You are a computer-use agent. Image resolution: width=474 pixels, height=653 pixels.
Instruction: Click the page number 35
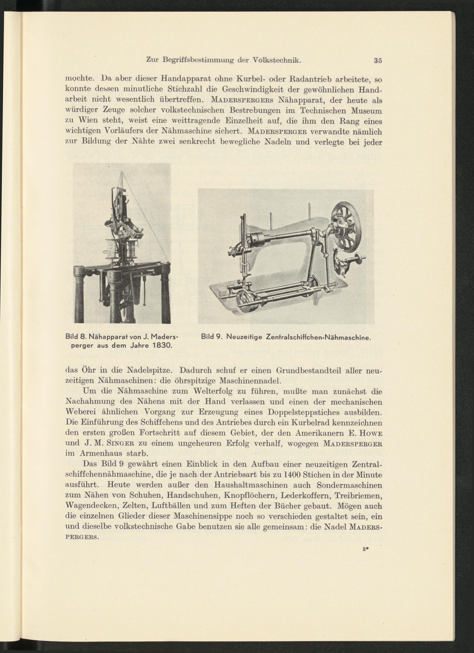click(x=378, y=61)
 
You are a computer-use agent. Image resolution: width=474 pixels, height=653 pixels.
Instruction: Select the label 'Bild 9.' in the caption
click(x=211, y=336)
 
